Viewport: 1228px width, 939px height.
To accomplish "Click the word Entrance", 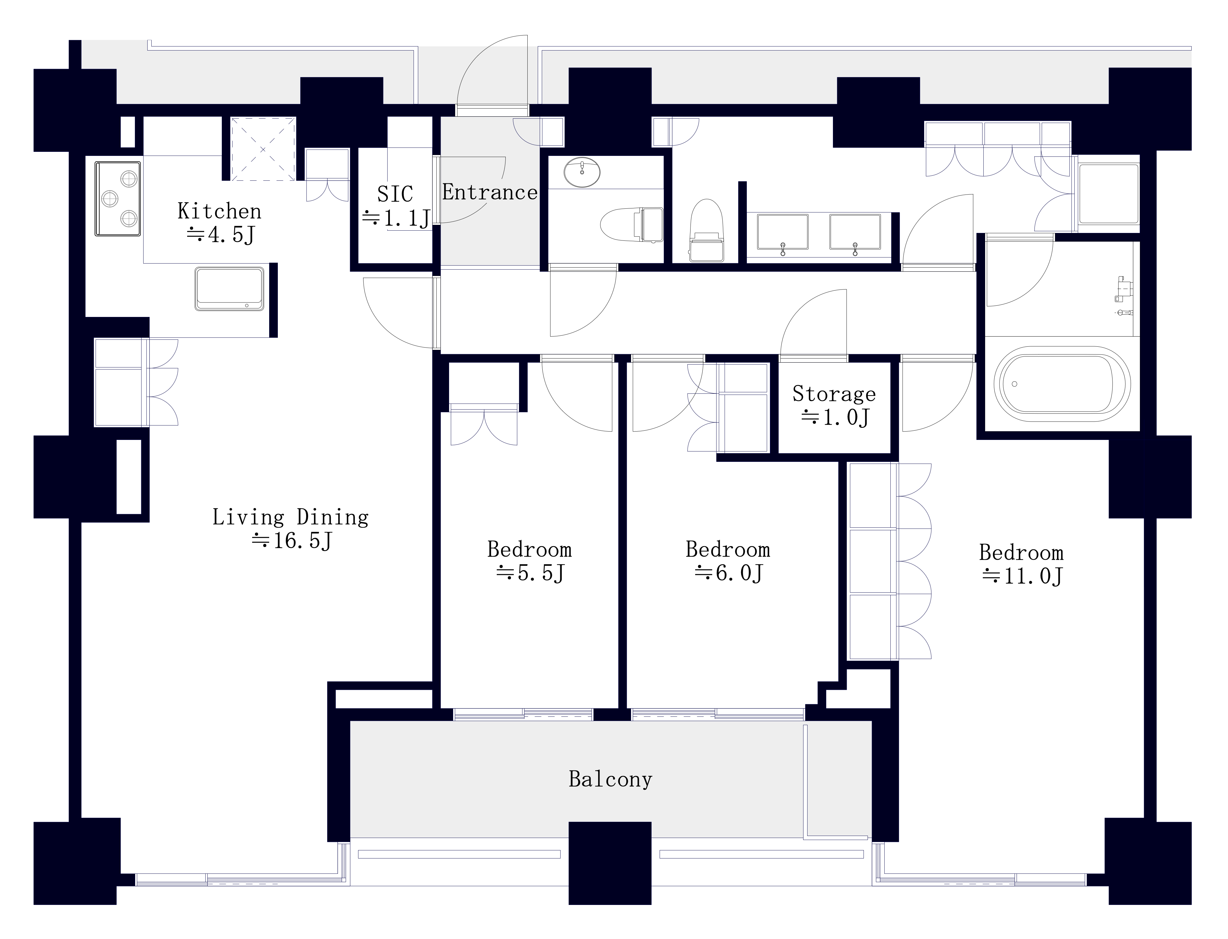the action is (x=490, y=192).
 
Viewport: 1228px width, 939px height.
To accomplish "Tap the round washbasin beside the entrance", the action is (x=582, y=172).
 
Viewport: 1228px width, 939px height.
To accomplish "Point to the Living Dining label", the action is (x=290, y=517).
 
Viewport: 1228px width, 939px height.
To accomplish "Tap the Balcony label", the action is (x=611, y=779).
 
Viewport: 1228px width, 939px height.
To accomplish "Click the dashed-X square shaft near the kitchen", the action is (x=263, y=149).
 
